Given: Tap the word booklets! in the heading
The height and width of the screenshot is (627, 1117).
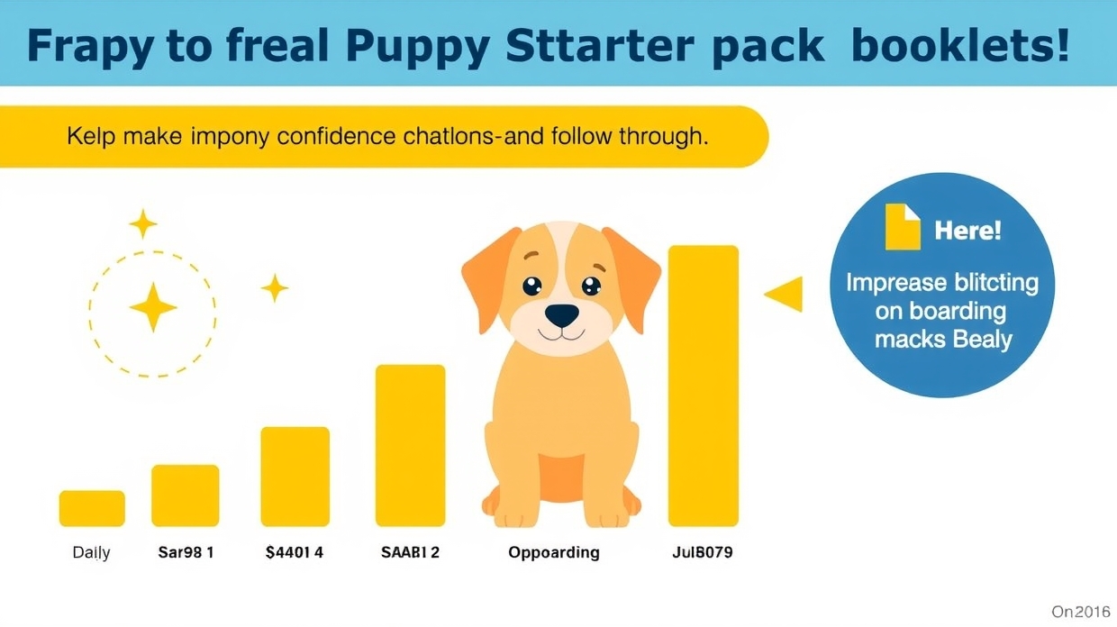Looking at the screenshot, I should [959, 45].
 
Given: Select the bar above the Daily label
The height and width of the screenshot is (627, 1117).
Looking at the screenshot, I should [92, 508].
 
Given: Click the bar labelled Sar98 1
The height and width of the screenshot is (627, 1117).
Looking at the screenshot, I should [185, 495].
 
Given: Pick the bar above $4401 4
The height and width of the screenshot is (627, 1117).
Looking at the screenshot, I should [295, 477].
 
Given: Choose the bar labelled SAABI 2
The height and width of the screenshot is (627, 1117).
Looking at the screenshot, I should [410, 445].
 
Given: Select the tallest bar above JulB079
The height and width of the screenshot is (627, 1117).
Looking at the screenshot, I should [703, 386].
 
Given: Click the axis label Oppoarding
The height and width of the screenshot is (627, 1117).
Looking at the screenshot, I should [553, 552].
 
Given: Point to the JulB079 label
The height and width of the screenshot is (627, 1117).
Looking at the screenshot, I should [702, 552].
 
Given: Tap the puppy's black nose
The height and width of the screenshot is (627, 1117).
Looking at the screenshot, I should [562, 314].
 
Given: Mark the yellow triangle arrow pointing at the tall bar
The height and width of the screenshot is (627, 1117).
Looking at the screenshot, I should [786, 294].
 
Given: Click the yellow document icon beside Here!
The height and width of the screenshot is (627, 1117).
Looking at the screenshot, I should [902, 226].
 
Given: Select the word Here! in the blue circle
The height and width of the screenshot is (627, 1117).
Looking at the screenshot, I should [967, 230].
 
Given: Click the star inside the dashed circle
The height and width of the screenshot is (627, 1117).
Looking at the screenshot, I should [152, 306].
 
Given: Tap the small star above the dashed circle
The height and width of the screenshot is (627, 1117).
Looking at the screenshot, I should [142, 223].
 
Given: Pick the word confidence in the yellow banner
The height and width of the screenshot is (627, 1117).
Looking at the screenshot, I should [336, 137].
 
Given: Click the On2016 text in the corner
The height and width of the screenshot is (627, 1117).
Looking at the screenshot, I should [1081, 612].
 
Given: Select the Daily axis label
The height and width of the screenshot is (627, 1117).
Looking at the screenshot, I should [91, 552].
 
